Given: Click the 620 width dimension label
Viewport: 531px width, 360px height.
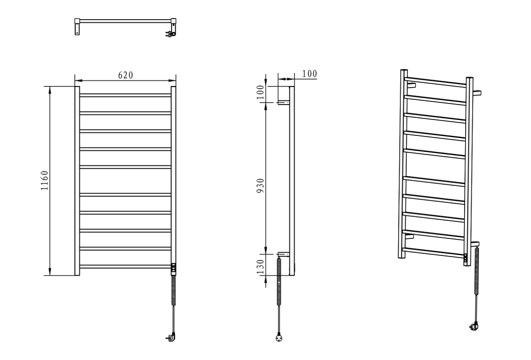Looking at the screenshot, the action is [125, 75].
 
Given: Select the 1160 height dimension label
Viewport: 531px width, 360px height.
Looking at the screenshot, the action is [45, 181].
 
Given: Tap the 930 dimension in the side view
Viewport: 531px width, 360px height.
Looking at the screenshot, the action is [260, 186].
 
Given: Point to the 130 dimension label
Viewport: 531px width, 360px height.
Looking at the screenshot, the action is [260, 267].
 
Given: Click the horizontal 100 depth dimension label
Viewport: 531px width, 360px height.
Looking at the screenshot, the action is [310, 74].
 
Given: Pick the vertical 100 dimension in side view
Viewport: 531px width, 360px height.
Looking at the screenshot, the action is [260, 92].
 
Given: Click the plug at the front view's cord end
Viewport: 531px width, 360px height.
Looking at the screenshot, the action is [172, 337].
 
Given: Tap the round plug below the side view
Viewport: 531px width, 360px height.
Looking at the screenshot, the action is [279, 338].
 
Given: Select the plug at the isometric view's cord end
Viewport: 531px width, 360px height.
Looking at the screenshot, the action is [474, 326].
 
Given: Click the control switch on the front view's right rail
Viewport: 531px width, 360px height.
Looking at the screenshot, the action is [174, 269].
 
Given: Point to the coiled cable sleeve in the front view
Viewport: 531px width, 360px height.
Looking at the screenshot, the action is [174, 290].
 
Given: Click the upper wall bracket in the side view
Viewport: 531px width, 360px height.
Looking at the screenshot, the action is [284, 102].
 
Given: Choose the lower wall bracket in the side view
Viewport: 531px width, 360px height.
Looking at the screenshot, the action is [284, 254].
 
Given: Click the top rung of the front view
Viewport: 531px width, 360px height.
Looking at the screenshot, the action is [125, 96].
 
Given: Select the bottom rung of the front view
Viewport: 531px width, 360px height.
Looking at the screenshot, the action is [125, 267].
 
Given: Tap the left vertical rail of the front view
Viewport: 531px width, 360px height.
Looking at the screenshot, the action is [77, 181].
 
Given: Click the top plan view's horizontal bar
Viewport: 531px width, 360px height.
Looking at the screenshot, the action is [125, 21].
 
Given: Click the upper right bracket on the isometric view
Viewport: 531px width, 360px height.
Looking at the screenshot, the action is [477, 93].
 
